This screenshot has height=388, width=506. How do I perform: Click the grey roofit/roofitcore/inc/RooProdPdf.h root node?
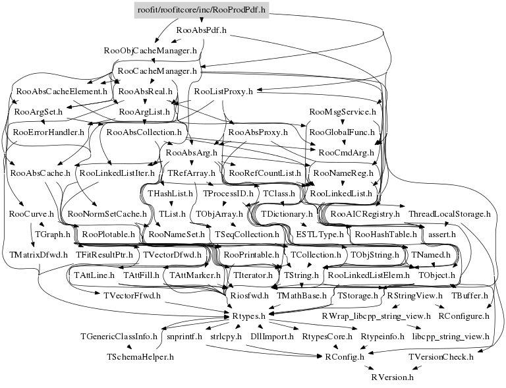(x=201, y=10)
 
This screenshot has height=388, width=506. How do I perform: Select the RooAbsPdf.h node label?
(x=202, y=30)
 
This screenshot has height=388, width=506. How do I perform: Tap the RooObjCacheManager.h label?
(x=150, y=50)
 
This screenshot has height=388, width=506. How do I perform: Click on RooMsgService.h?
(x=341, y=111)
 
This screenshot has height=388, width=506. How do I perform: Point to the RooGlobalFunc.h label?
(x=341, y=132)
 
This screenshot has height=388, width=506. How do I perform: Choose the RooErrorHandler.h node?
(x=49, y=132)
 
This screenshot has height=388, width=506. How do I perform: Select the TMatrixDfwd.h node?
(x=39, y=254)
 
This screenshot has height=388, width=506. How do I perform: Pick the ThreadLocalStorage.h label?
(x=450, y=214)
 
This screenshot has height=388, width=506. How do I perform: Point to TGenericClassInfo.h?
(x=119, y=336)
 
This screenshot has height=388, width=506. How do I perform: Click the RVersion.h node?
(x=393, y=377)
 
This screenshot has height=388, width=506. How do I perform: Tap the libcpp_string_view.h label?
(x=451, y=336)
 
